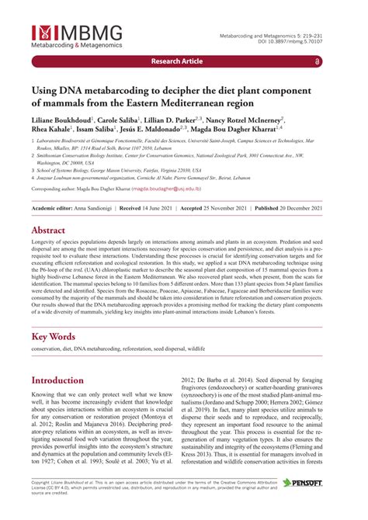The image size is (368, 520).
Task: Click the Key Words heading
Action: click(54, 337)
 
